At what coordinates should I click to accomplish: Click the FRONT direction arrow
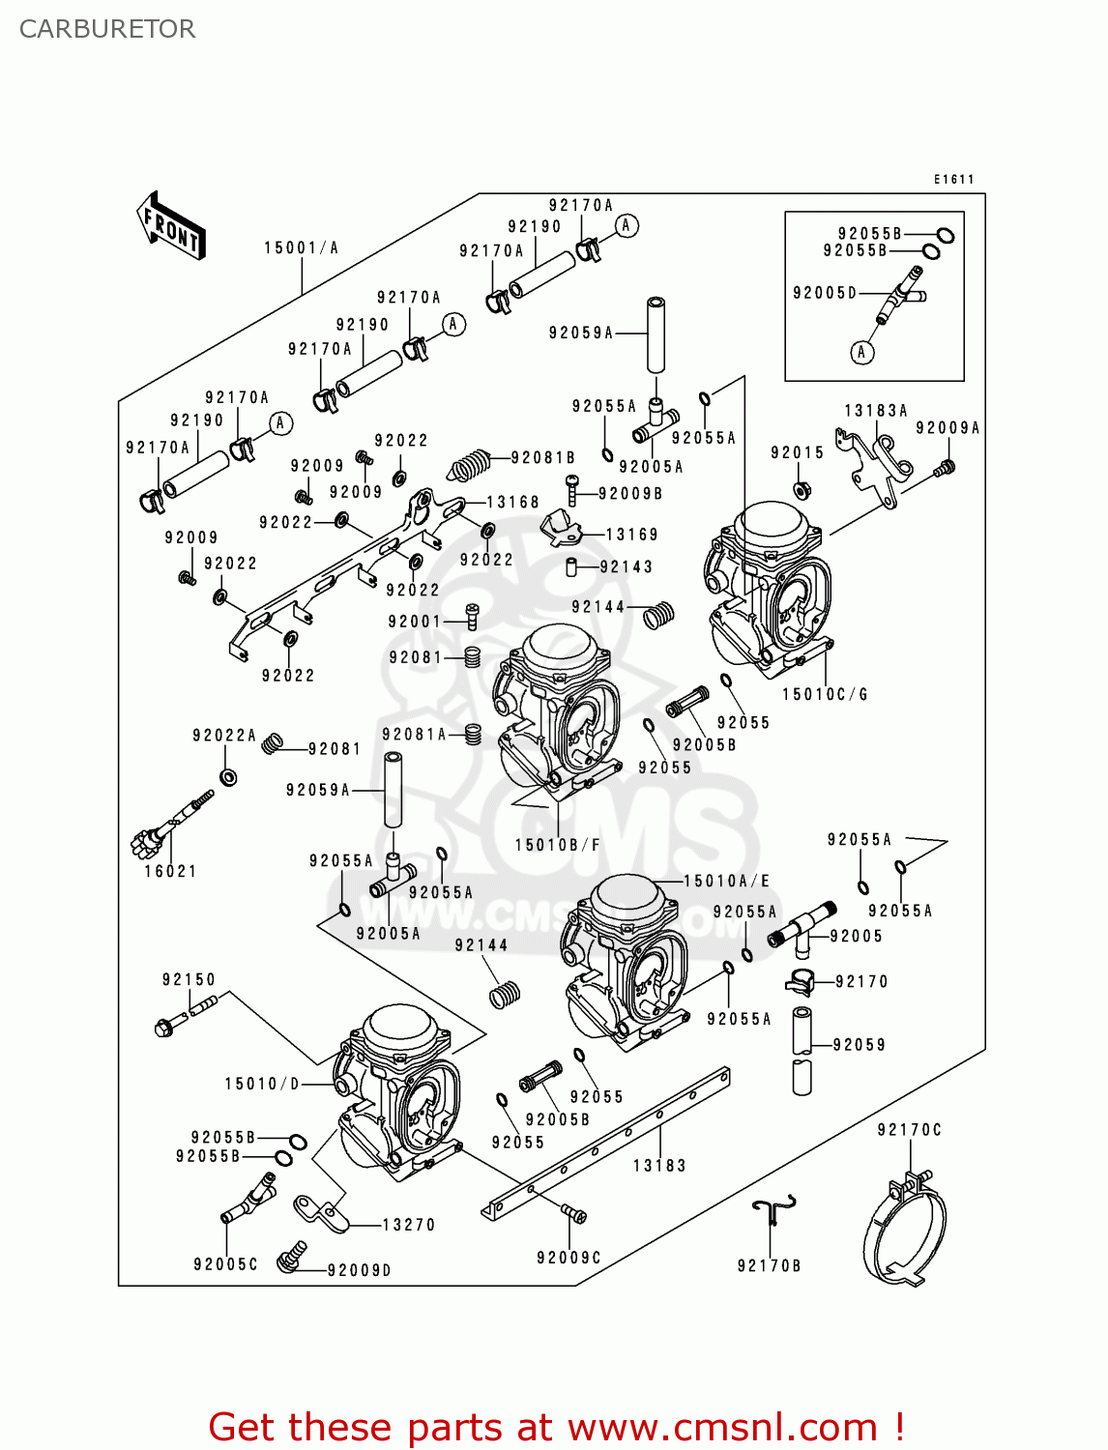point(171,226)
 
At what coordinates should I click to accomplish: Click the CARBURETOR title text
point(107,29)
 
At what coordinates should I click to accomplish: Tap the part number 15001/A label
point(302,247)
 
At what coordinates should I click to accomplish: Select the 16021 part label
point(170,871)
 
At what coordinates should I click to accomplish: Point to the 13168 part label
point(512,502)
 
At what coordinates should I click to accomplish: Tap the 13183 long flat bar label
point(659,1165)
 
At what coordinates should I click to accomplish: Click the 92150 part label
point(189,979)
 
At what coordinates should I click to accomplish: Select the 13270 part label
point(408,1225)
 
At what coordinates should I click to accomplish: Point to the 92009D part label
point(359,1270)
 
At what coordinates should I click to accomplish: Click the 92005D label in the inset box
point(825,293)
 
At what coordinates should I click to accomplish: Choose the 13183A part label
point(876,410)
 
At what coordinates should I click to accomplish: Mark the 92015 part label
point(797,452)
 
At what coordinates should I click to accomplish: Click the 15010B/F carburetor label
point(557,845)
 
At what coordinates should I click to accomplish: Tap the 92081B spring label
point(542,457)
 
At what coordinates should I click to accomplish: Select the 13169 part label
point(631,534)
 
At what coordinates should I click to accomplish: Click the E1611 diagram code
point(953,179)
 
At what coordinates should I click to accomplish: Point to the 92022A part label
point(224,736)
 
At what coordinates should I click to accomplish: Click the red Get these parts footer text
point(556,1427)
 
